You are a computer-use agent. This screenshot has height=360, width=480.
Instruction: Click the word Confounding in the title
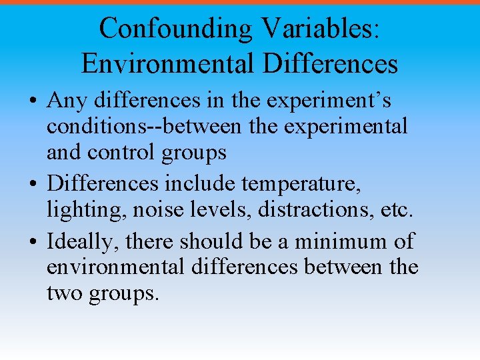tap(175, 28)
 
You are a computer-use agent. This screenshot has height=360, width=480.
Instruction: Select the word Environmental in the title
tap(167, 64)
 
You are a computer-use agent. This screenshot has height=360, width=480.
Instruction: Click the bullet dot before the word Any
tap(34, 102)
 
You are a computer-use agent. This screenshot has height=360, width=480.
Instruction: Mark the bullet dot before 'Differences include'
tap(34, 183)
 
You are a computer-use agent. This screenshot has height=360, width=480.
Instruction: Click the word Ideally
tap(78, 241)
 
